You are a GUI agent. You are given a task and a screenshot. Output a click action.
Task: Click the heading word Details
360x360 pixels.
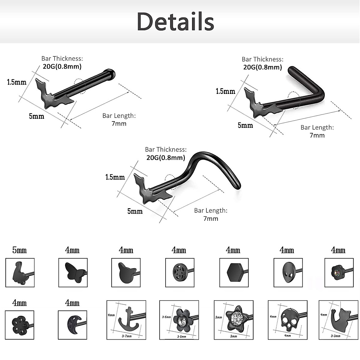click(175, 22)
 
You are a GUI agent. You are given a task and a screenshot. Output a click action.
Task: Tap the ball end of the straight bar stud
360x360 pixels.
click(110, 74)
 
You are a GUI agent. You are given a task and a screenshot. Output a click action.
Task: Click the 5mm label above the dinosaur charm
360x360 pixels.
click(19, 250)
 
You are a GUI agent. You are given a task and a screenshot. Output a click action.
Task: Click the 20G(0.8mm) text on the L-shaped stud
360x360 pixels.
click(262, 67)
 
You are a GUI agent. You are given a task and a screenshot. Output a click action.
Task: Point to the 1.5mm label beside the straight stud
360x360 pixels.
click(17, 82)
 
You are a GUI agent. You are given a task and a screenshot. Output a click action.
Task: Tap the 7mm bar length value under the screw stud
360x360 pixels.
click(211, 218)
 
